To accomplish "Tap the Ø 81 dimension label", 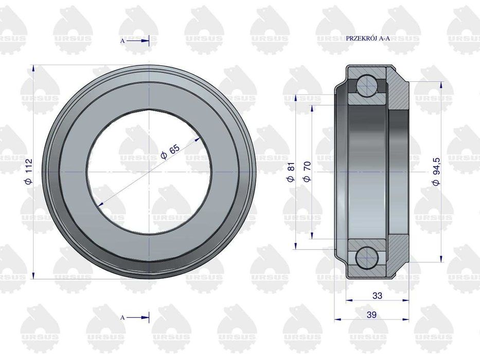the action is click(291, 172).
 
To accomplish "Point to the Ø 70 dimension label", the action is click(307, 171).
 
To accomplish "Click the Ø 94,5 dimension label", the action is click(436, 171).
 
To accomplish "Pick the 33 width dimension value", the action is click(377, 295).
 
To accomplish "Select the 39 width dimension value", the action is click(371, 315).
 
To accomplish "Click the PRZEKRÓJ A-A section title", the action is click(368, 39).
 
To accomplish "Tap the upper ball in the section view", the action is click(366, 84).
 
